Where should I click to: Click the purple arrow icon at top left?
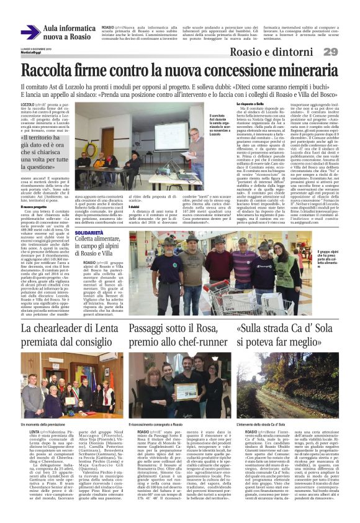coord(30,32)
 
